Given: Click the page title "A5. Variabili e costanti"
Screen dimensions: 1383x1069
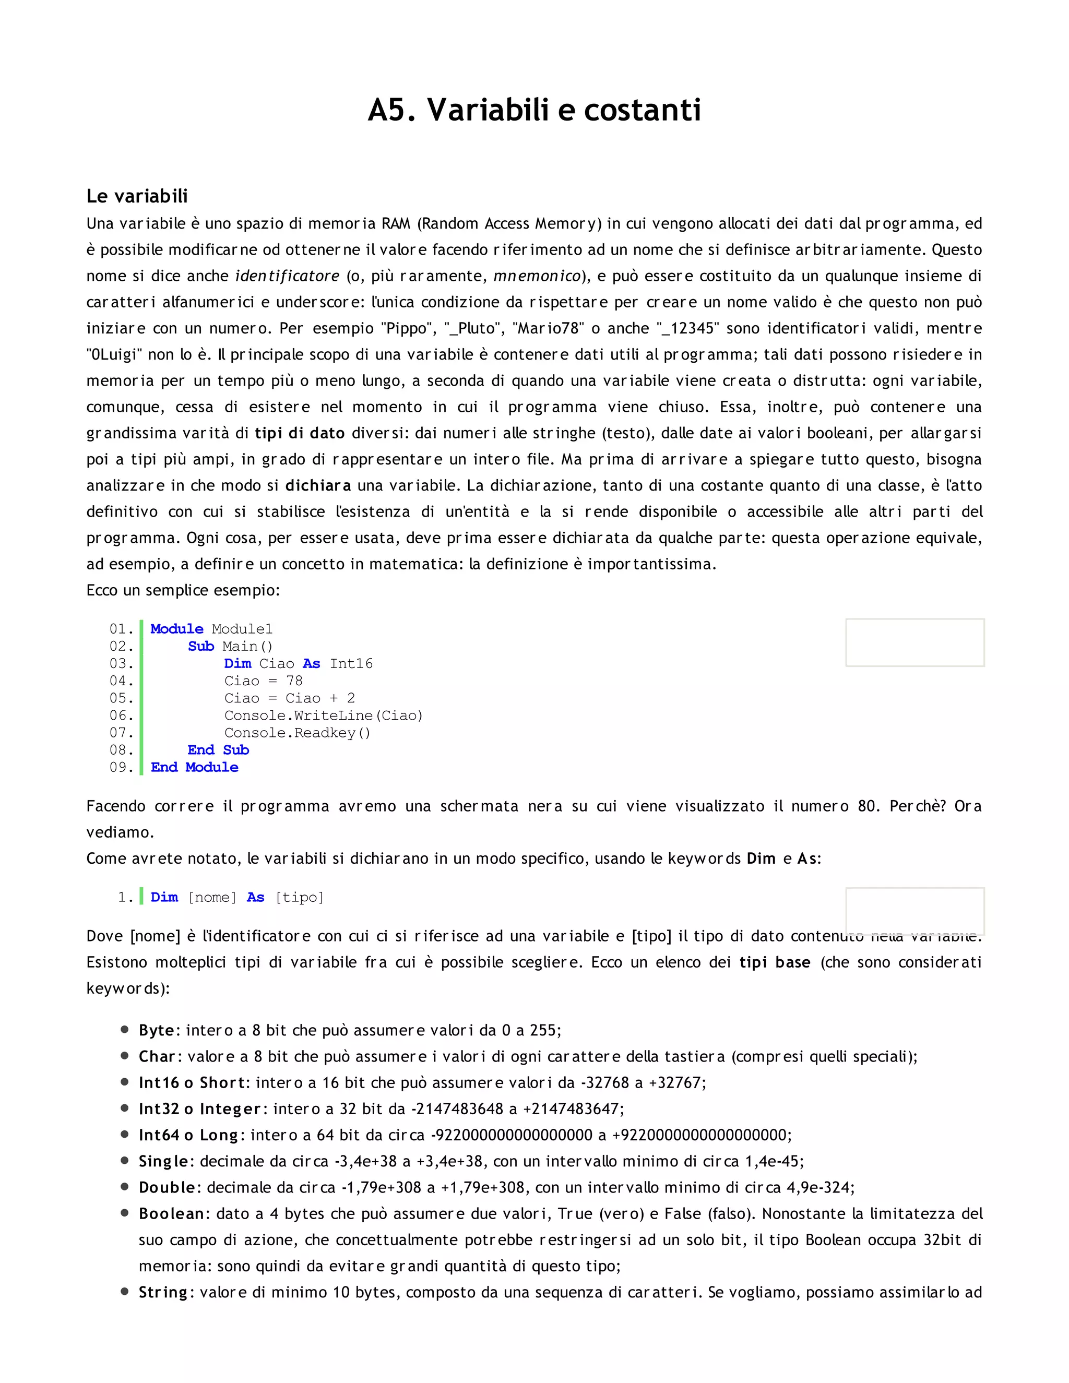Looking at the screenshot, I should pyautogui.click(x=534, y=110).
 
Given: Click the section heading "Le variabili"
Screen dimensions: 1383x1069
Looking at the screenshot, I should pyautogui.click(x=137, y=196).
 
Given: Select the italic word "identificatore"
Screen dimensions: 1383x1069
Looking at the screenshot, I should pyautogui.click(x=287, y=276).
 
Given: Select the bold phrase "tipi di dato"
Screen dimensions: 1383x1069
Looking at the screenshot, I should pyautogui.click(x=300, y=433).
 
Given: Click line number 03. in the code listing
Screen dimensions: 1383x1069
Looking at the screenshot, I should pyautogui.click(x=121, y=664).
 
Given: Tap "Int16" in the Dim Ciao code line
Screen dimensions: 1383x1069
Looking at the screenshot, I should pyautogui.click(x=351, y=664).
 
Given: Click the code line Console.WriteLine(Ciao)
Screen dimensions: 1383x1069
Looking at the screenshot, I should pyautogui.click(x=323, y=716).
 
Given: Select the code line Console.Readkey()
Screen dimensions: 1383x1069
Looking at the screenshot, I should pyautogui.click(x=297, y=733).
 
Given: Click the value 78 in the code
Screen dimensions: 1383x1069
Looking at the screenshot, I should pyautogui.click(x=294, y=681).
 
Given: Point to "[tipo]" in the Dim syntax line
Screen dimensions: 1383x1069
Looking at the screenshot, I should pyautogui.click(x=300, y=897).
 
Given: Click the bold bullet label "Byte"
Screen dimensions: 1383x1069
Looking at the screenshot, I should pyautogui.click(x=156, y=1030).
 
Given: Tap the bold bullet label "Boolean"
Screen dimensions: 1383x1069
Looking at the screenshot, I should pyautogui.click(x=171, y=1214).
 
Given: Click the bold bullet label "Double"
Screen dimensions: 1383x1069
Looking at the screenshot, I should pyautogui.click(x=167, y=1187).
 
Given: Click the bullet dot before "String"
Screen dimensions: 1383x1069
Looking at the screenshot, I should pyautogui.click(x=125, y=1292).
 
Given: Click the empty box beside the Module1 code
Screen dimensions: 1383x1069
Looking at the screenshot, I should pyautogui.click(x=914, y=643).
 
